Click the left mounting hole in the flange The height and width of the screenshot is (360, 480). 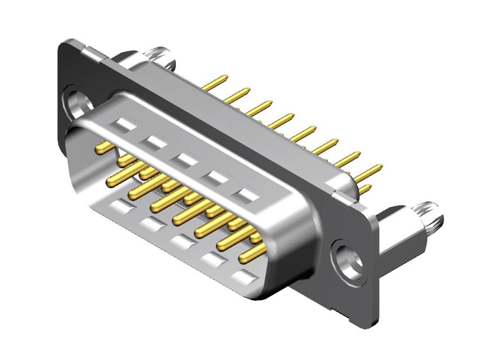[x=75, y=102]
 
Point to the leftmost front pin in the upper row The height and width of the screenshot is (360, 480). [x=104, y=148]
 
